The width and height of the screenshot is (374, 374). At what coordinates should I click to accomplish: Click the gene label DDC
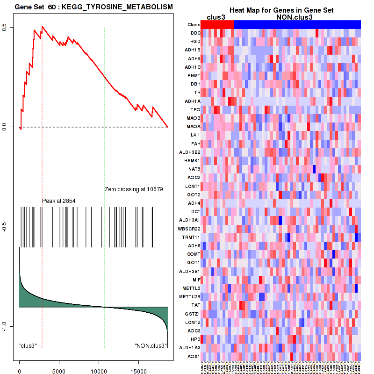click(x=195, y=33)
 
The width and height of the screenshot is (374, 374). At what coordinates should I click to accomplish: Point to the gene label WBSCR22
click(x=190, y=229)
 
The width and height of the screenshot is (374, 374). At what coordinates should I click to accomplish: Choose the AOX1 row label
click(x=194, y=356)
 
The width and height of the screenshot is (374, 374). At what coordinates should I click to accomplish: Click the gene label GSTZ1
click(x=193, y=314)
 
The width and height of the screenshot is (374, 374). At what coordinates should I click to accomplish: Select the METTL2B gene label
click(x=190, y=296)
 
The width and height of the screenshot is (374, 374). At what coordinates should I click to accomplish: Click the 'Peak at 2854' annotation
click(x=59, y=201)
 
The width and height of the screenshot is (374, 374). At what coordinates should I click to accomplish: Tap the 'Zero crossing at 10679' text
click(x=133, y=189)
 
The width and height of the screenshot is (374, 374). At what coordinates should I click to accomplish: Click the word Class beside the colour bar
click(x=194, y=24)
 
